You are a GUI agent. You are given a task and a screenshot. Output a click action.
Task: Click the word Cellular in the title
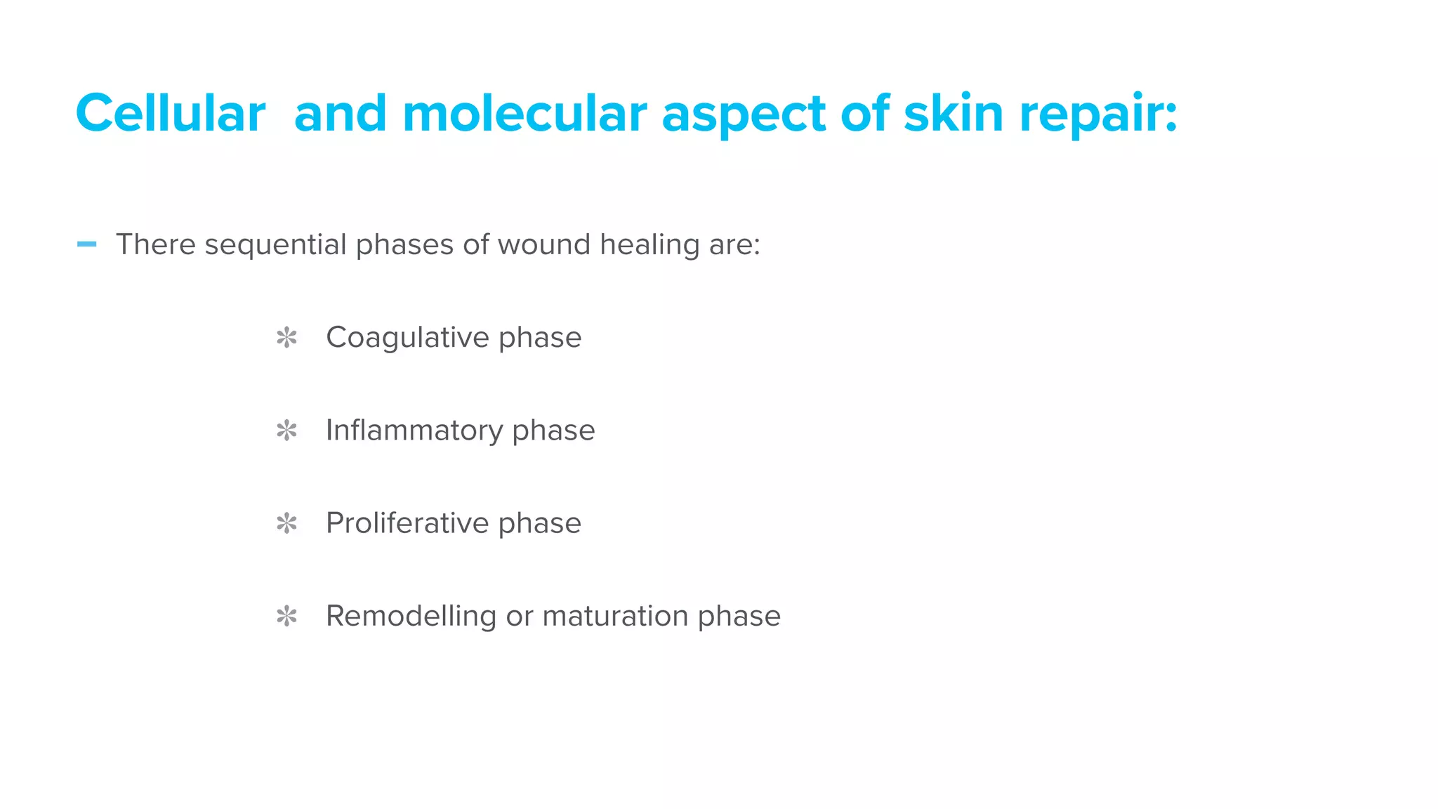(x=171, y=113)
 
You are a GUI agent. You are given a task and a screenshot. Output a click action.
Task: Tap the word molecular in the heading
(x=525, y=113)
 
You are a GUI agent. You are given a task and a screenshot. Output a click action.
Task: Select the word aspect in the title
(x=744, y=114)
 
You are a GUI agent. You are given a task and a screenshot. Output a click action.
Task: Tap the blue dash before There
(x=86, y=244)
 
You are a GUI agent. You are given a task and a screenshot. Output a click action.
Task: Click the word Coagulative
(x=407, y=338)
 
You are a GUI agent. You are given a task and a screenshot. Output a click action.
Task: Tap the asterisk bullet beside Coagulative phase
(x=286, y=338)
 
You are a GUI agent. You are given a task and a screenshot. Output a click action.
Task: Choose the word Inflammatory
(x=414, y=430)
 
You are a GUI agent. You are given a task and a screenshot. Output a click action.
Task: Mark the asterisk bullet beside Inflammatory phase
(x=286, y=430)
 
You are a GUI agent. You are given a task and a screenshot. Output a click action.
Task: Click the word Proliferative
(x=407, y=523)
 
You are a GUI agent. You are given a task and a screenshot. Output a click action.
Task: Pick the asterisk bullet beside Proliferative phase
(x=286, y=523)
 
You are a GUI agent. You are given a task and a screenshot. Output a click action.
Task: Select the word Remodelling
(x=411, y=616)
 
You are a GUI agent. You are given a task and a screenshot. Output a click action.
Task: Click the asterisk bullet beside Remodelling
(x=286, y=616)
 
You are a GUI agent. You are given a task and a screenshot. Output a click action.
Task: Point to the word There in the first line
(x=156, y=244)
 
